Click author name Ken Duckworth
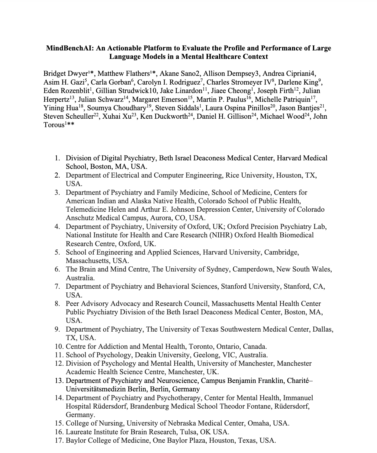pos(164,116)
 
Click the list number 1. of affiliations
pos(57,158)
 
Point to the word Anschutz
pos(80,218)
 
